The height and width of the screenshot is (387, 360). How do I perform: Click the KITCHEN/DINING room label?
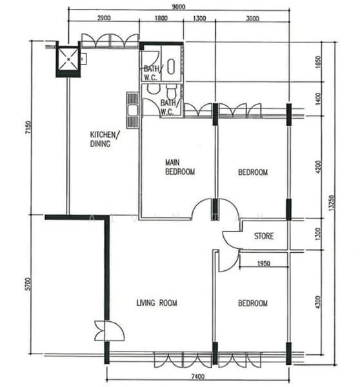click(104, 139)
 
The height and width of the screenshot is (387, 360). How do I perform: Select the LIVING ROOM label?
click(157, 303)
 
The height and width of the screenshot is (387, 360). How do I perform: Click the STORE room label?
click(263, 236)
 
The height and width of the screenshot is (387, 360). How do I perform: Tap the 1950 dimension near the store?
click(263, 264)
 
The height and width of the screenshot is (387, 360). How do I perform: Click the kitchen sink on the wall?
click(133, 110)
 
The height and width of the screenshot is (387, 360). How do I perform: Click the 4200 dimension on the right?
click(317, 169)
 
